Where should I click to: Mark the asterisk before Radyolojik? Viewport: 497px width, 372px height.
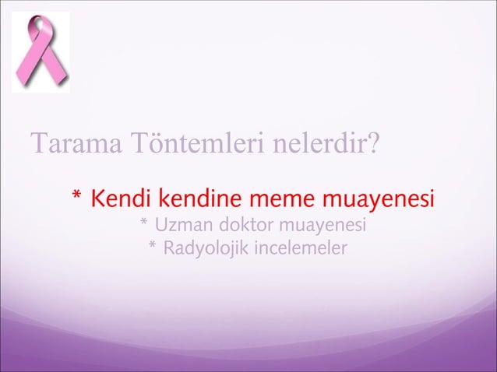pyautogui.click(x=153, y=249)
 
